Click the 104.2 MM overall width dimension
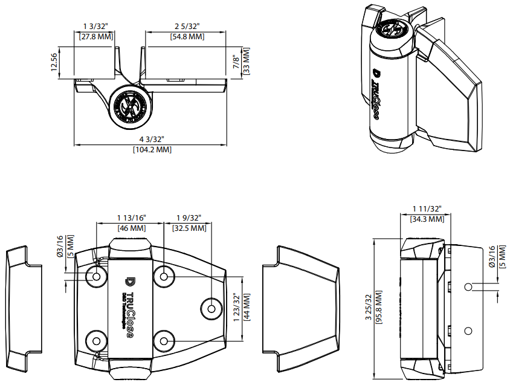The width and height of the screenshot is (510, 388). [152, 150]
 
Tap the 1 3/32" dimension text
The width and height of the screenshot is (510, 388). [95, 27]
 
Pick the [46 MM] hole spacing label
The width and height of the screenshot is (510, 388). [131, 228]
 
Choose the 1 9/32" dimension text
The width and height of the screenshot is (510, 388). [189, 218]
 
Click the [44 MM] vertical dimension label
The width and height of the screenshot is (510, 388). [246, 308]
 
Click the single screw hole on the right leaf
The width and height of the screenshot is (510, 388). [211, 308]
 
